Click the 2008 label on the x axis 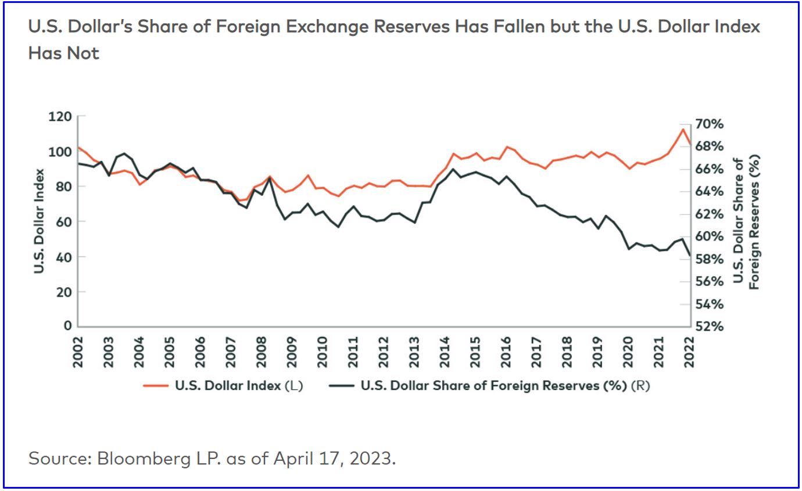pos(262,351)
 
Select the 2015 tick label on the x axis pos(475,351)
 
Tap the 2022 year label pos(690,351)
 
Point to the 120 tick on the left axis pos(60,117)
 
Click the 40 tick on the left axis pos(63,257)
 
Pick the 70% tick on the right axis pos(708,124)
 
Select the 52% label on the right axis pos(708,327)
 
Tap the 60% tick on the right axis pos(708,236)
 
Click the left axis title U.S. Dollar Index pos(39,221)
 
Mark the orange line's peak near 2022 pos(682,129)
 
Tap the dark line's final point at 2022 pos(690,255)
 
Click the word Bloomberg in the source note pos(128,458)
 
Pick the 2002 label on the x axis pos(78,351)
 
